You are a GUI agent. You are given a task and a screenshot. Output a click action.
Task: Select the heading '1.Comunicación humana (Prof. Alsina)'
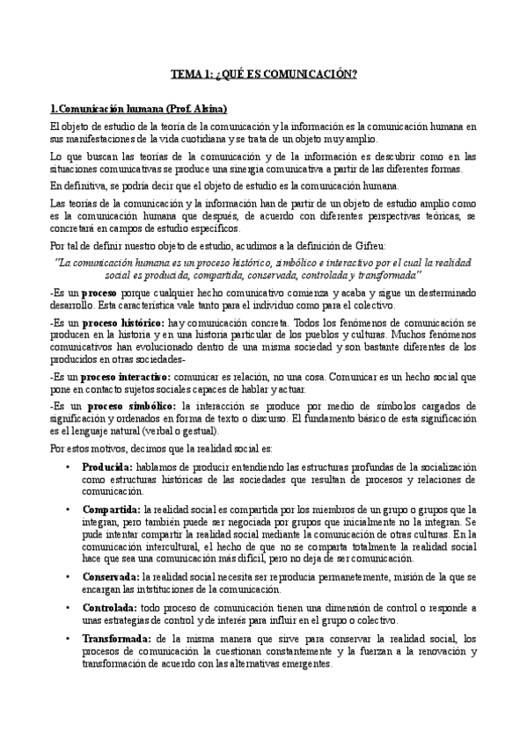(x=139, y=109)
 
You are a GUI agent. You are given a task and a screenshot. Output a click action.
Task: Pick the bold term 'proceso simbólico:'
(x=121, y=405)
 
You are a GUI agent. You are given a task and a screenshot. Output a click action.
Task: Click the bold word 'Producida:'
(x=106, y=468)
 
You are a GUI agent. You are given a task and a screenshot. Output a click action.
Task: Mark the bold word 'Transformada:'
(x=115, y=640)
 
